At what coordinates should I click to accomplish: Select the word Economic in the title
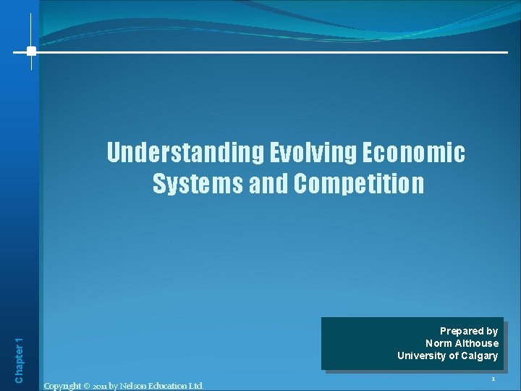(415, 153)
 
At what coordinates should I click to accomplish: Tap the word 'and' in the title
(268, 184)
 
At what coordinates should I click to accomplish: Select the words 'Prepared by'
(469, 331)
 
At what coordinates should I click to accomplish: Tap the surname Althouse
(477, 343)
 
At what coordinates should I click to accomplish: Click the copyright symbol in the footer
(86, 385)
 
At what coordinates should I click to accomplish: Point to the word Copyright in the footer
(62, 385)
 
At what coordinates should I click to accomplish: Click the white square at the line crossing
(31, 51)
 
